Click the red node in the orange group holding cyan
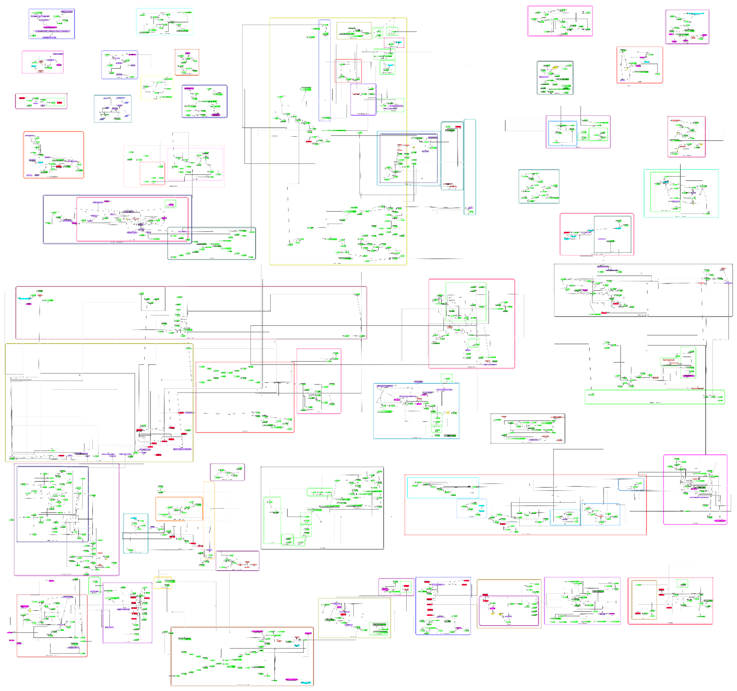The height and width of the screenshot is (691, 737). point(59,166)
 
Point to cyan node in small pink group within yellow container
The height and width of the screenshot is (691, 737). point(398,42)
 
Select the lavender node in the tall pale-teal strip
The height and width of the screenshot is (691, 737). point(470,208)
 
